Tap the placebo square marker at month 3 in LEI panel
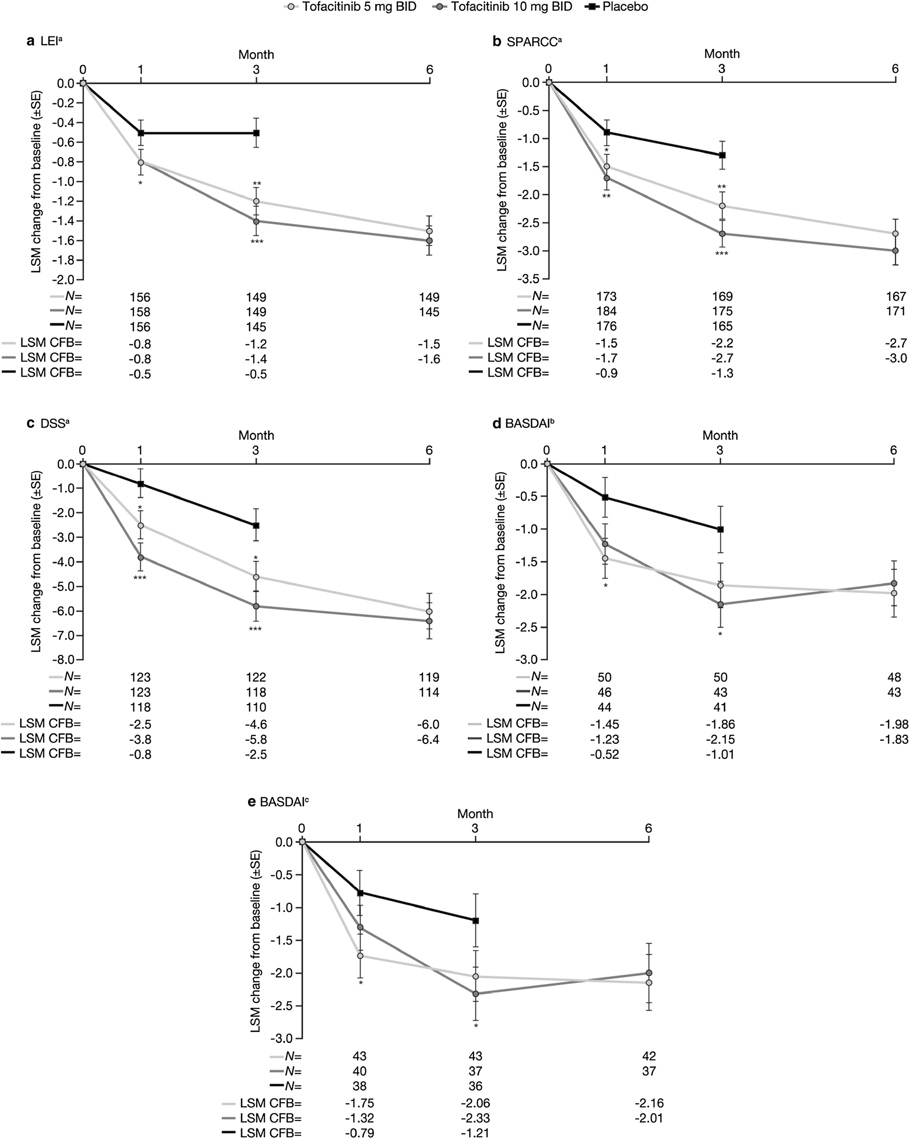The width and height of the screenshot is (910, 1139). click(x=256, y=133)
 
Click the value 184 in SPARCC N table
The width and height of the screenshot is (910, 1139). click(x=606, y=311)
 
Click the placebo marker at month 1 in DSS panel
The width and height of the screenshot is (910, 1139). click(x=140, y=484)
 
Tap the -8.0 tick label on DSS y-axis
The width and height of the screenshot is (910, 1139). click(x=66, y=660)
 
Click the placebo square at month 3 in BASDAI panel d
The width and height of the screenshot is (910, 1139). click(x=720, y=529)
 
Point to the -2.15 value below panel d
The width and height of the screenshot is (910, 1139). click(x=720, y=739)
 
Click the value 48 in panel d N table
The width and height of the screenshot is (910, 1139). click(x=894, y=677)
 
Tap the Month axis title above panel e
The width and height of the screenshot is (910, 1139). click(x=475, y=814)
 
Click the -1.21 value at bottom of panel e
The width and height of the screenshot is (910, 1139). click(x=475, y=1133)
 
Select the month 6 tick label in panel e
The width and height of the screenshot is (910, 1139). click(x=648, y=828)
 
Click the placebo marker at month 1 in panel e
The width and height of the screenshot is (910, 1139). click(x=360, y=893)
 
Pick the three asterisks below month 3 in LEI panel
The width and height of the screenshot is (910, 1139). click(x=257, y=242)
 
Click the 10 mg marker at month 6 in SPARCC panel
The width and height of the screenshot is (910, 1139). click(x=895, y=251)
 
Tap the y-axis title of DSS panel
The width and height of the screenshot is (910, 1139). click(x=36, y=561)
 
